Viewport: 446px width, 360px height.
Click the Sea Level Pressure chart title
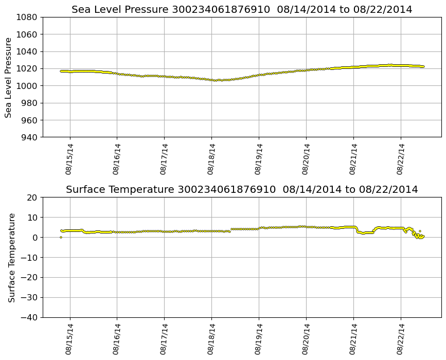tap(242, 10)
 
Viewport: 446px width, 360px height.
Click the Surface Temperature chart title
tap(242, 190)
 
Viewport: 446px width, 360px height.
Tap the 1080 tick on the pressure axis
tap(26, 17)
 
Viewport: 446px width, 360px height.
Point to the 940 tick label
tap(29, 137)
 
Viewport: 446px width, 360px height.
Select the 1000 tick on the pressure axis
tap(26, 86)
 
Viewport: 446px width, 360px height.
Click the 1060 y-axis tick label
tap(26, 34)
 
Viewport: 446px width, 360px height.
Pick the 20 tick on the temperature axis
tap(32, 197)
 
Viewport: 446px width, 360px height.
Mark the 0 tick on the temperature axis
tap(34, 238)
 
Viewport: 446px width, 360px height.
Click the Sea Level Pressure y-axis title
tap(9, 77)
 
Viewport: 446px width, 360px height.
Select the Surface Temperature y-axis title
tap(12, 257)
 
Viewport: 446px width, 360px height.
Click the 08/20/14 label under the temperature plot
tap(306, 339)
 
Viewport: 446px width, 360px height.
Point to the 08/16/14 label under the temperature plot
tap(116, 339)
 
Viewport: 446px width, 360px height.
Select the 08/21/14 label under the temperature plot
tap(353, 339)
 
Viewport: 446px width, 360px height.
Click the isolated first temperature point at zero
tap(61, 237)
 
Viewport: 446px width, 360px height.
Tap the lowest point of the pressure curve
tap(215, 80)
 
